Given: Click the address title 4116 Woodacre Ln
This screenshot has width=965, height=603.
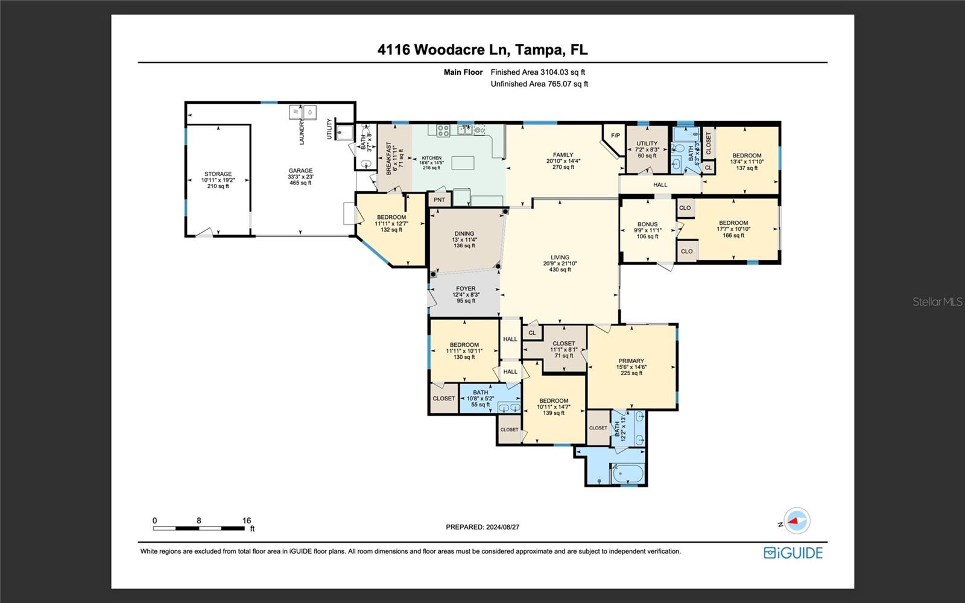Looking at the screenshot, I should click(482, 49).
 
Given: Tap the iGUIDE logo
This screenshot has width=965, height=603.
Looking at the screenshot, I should click(793, 553).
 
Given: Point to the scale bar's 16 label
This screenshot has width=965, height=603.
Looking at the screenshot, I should click(246, 520).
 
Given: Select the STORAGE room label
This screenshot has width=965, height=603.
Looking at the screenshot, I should click(218, 174).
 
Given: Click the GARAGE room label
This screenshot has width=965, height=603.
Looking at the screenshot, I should click(300, 171).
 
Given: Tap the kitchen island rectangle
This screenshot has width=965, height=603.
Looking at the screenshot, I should click(463, 163).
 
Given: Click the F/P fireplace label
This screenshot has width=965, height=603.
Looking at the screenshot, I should click(615, 136).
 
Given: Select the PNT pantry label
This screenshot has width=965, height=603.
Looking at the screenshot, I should click(439, 200).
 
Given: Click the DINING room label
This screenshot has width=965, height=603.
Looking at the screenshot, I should click(464, 234).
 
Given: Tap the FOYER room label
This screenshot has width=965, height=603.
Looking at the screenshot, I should click(466, 289).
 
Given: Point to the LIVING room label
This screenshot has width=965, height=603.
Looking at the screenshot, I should click(560, 257).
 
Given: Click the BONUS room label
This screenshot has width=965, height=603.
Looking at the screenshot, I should click(647, 224).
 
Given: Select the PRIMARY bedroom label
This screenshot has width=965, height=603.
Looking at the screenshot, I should click(631, 361).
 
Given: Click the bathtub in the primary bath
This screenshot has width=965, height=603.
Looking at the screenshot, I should click(628, 473).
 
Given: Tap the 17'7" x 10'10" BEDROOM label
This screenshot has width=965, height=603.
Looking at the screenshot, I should click(733, 223).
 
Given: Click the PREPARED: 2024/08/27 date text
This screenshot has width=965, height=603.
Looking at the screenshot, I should click(482, 527).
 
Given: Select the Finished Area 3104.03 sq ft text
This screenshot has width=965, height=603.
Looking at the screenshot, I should click(538, 72).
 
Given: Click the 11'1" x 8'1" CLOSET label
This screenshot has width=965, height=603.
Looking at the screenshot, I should click(564, 344).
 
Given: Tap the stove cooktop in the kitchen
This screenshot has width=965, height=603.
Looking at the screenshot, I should click(443, 130).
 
